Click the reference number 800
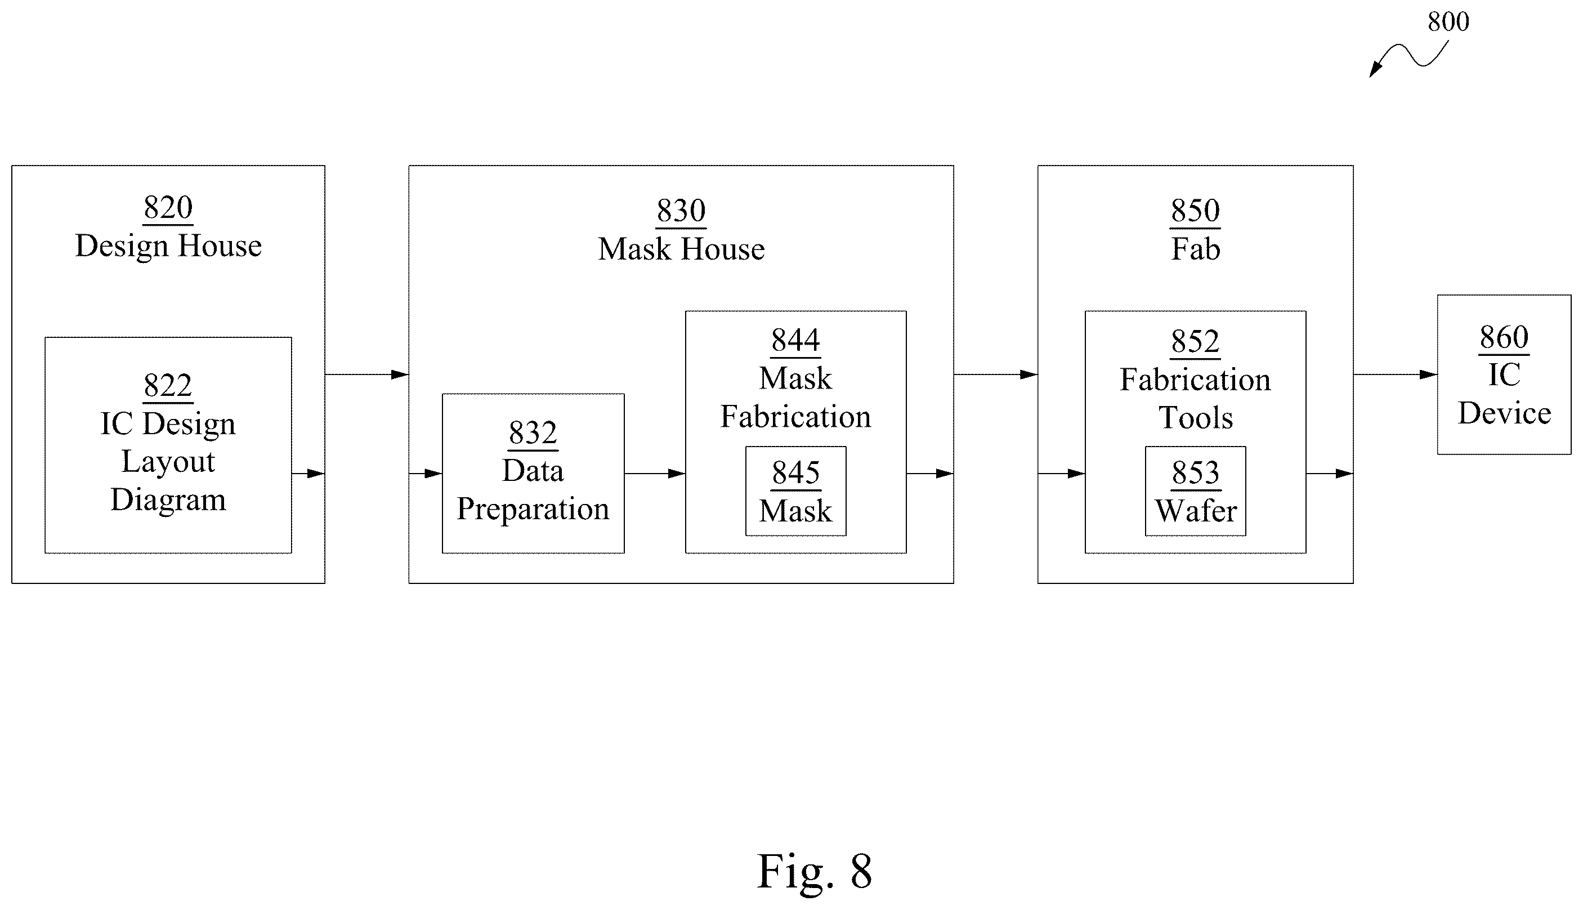(1448, 22)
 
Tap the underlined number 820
(168, 207)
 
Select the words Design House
(169, 246)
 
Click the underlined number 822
(168, 385)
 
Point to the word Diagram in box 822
(169, 500)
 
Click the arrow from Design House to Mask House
(366, 374)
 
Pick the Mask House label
(681, 249)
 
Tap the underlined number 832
(533, 432)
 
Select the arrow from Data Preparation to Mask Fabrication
(655, 474)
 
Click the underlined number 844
(795, 341)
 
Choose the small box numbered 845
(796, 491)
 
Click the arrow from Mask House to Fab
(996, 374)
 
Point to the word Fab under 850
(1195, 249)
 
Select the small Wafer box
(1196, 491)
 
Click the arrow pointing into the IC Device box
(1396, 374)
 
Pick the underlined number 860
(1504, 337)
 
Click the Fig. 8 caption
(815, 871)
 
